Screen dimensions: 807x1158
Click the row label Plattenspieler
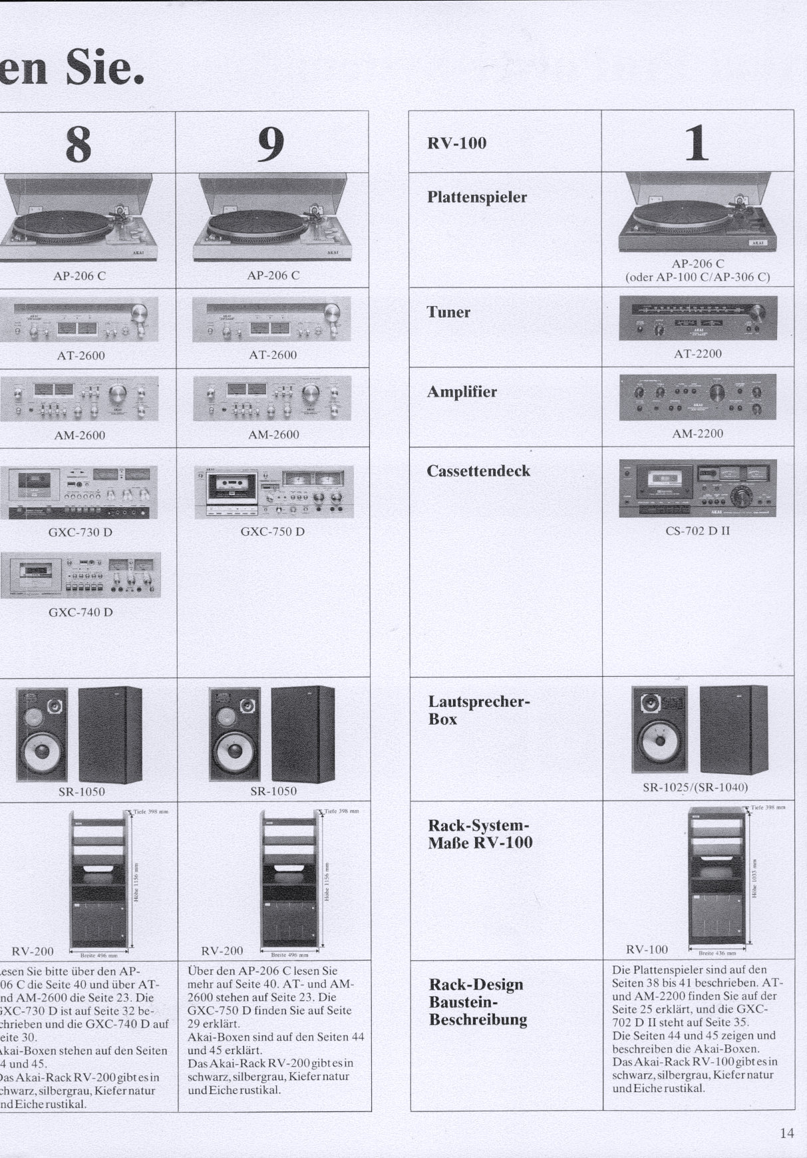tap(477, 198)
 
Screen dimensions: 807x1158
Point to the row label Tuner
tap(448, 312)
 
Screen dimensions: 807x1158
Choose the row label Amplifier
tap(462, 392)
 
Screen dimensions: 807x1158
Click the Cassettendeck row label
tap(478, 471)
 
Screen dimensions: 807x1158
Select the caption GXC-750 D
tap(273, 532)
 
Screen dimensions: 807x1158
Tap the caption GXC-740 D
tap(81, 612)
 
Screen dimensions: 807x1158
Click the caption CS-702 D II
tap(697, 531)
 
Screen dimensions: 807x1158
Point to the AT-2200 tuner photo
tap(698, 318)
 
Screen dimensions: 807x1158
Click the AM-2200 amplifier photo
tap(698, 397)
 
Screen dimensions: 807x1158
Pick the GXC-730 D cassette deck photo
tap(79, 492)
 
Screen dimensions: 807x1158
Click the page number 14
tap(786, 1133)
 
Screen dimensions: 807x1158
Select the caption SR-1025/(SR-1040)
tap(695, 787)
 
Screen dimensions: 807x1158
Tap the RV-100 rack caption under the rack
tap(647, 949)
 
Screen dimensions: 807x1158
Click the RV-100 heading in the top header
tap(456, 143)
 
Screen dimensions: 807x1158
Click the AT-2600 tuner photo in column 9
tap(271, 319)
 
